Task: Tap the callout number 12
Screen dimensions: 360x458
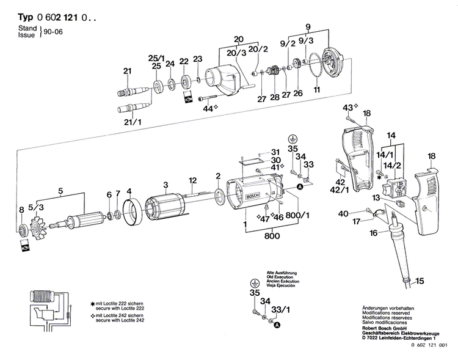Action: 192,180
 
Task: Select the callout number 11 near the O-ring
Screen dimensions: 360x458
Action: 316,90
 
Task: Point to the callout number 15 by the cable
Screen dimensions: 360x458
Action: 418,282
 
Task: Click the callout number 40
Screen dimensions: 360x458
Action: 343,213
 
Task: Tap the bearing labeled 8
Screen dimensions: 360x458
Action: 23,230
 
